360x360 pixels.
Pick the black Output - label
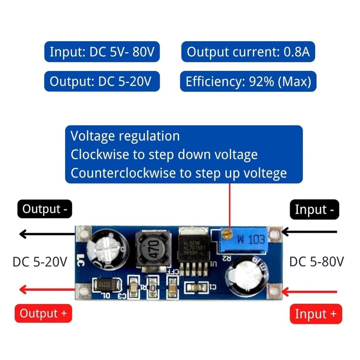coord(45,209)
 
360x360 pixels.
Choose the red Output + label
coord(43,313)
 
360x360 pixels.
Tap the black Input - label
coord(314,210)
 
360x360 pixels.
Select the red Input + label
coord(316,314)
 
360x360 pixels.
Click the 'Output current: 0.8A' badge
coord(248,52)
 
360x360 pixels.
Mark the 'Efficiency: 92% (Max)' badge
coord(248,82)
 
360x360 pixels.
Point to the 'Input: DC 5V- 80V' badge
coord(102,52)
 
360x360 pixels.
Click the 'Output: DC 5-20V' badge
coord(102,82)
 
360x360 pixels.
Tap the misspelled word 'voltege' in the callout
coord(268,173)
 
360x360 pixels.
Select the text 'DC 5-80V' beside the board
coord(316,262)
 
